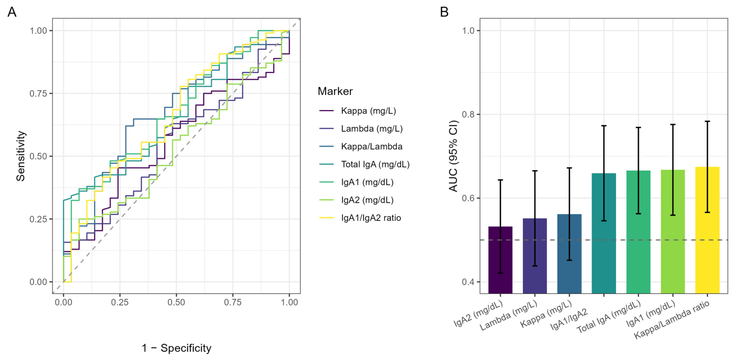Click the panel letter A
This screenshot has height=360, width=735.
pos(12,12)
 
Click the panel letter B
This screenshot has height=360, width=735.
pos(444,12)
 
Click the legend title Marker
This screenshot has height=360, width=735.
pos(335,91)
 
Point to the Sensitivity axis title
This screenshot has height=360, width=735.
pos(21,156)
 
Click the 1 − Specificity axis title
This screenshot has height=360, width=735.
pos(177,348)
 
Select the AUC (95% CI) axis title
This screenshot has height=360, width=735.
pos(453,156)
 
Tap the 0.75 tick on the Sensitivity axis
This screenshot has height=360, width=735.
pos(38,94)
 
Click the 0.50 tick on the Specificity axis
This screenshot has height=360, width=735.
pos(176,302)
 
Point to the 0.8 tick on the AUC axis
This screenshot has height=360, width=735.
pos(469,114)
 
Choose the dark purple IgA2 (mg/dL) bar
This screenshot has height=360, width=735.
pos(500,260)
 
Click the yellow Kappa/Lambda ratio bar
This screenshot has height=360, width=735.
pos(707,230)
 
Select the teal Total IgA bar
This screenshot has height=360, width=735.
pos(604,233)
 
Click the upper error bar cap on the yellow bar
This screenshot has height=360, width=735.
pos(707,121)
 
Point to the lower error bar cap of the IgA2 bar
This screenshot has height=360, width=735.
pos(500,273)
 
